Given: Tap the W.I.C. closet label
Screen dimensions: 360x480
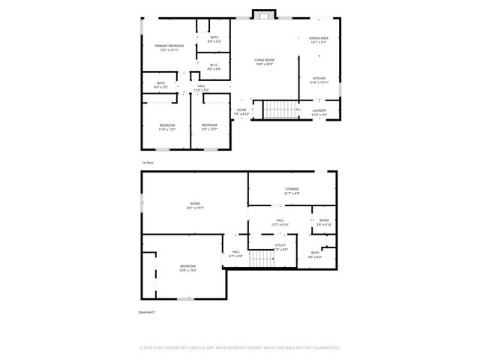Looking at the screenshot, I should tap(214, 67).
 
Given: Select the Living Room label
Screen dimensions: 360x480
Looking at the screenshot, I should tap(263, 61).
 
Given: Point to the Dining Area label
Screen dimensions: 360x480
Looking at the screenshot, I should tap(319, 40).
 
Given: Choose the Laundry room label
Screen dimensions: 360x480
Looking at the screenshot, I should tap(319, 112).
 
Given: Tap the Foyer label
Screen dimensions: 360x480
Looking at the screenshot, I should tap(241, 112).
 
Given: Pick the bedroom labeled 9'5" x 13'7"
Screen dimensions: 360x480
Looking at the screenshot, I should tap(209, 127).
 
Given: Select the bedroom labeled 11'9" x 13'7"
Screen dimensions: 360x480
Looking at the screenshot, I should tap(166, 127).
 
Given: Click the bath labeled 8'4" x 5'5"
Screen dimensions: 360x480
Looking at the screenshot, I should tap(161, 85).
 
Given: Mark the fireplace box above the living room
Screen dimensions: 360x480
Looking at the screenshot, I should tap(263, 14).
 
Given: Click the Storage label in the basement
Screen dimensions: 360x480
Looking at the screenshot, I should tap(292, 190).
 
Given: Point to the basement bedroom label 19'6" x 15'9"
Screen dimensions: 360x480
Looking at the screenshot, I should tap(187, 268).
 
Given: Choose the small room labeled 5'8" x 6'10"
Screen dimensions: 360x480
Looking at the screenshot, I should tap(324, 223).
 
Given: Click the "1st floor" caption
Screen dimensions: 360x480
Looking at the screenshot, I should tap(148, 162).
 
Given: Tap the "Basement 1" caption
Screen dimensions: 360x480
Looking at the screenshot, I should tap(147, 312).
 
